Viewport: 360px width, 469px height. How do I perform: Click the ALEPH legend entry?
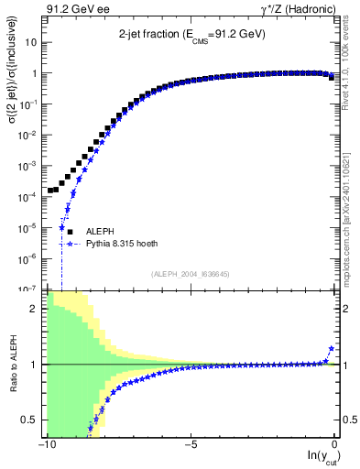pyautogui.click(x=99, y=233)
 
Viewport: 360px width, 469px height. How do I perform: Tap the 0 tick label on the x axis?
pyautogui.click(x=335, y=446)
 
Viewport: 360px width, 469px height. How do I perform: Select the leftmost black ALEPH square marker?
pyautogui.click(x=50, y=191)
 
